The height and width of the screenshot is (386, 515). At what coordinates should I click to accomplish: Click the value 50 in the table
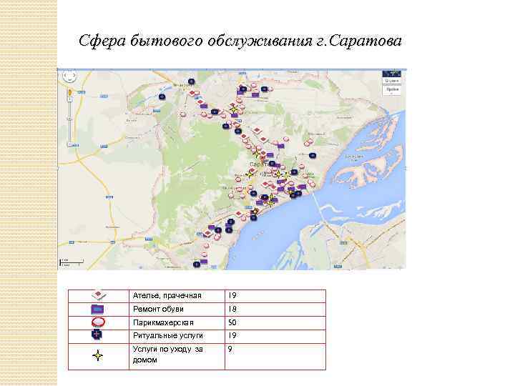[x=232, y=322]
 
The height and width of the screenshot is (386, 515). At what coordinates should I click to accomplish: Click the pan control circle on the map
[x=69, y=76]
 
